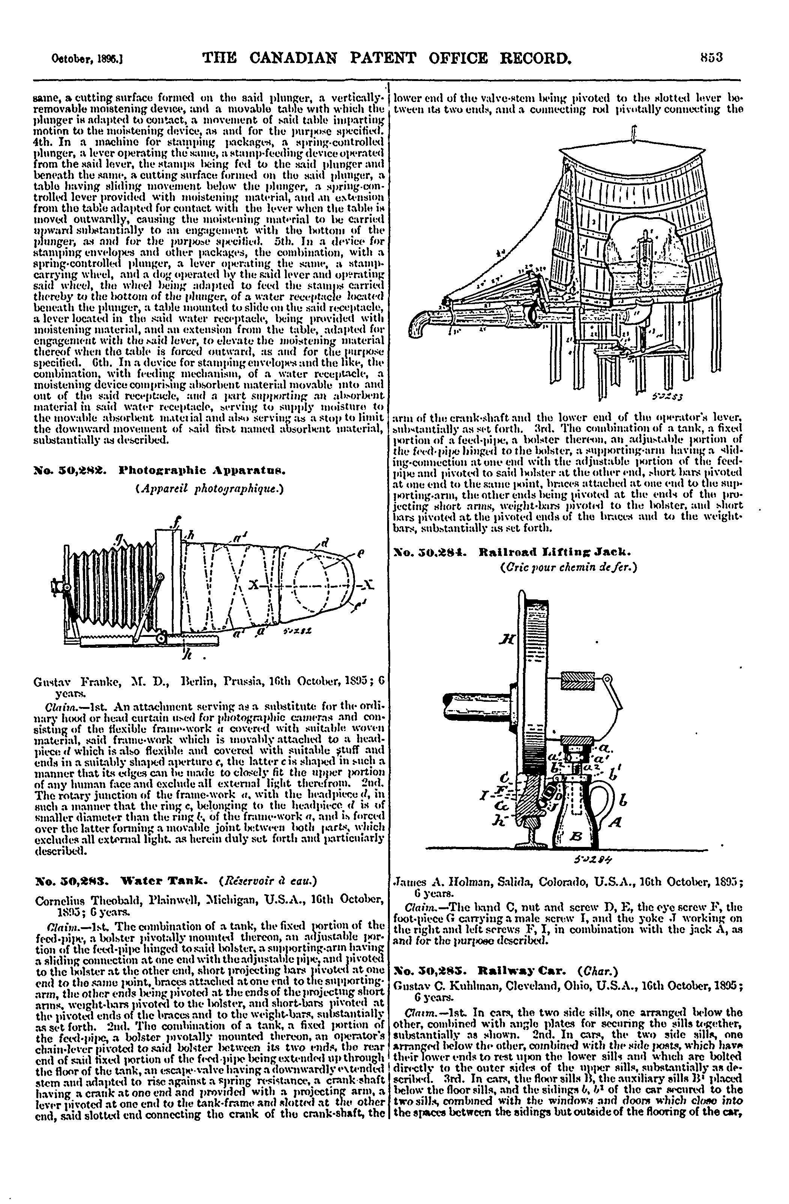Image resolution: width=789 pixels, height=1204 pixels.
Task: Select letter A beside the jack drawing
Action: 615,822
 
